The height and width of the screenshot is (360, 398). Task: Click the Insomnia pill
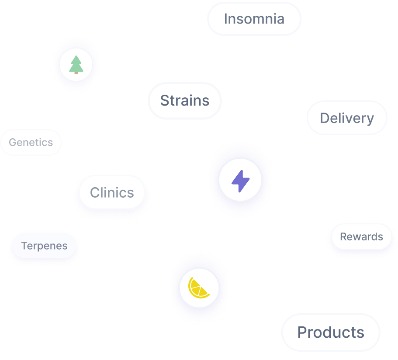254,19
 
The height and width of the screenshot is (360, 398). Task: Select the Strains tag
185,100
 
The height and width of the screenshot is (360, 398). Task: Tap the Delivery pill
347,118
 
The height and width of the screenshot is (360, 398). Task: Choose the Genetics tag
31,142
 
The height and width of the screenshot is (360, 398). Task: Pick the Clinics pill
112,192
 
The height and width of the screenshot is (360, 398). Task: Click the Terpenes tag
44,246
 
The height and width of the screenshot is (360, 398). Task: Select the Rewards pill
361,237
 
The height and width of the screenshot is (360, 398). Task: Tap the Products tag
331,332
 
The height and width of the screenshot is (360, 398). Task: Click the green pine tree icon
76,64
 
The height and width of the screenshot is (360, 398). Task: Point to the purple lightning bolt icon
240,180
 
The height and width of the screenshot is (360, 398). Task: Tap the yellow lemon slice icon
198,288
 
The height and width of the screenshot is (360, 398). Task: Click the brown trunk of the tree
76,72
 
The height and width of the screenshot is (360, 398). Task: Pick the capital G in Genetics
12,142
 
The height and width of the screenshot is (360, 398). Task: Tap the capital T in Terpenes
24,246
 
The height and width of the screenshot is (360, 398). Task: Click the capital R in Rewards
343,237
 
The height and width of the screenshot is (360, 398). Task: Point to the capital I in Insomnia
225,19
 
